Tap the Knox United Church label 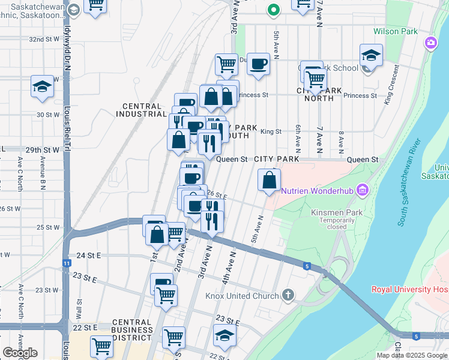(x=242, y=296)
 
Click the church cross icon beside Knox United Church (x=288, y=295)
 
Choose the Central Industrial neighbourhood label (x=141, y=109)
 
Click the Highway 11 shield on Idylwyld (x=66, y=263)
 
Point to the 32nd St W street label (x=44, y=39)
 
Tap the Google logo (x=20, y=353)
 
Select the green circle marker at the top (x=273, y=10)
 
